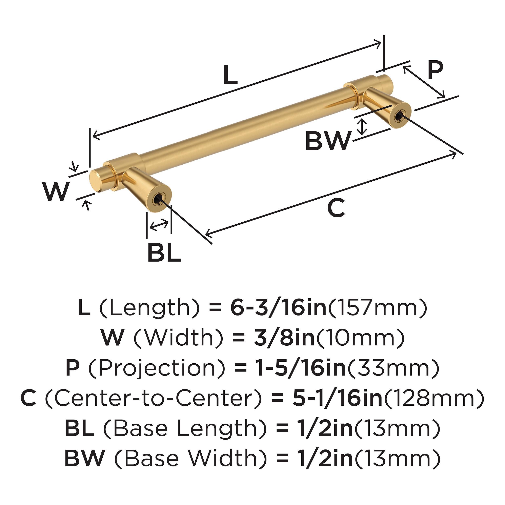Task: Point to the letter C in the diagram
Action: (336, 208)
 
